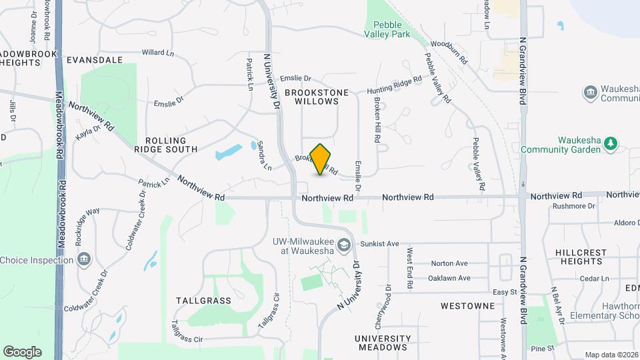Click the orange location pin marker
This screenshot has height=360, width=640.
[x=321, y=159]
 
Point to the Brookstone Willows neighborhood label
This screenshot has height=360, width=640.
[x=311, y=97]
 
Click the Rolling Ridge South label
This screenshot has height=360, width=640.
[x=171, y=145]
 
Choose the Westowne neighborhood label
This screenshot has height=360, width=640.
[x=467, y=305]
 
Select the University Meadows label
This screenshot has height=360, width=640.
[x=381, y=343]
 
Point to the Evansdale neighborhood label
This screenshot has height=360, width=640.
[x=95, y=60]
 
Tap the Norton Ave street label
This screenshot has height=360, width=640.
[x=449, y=264]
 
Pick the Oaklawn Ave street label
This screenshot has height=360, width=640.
[x=449, y=278]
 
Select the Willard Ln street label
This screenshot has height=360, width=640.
[x=157, y=52]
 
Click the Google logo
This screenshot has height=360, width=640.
[x=22, y=351]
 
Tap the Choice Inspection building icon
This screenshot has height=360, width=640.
[x=84, y=259]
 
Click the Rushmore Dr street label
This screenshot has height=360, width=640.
[x=573, y=207]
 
